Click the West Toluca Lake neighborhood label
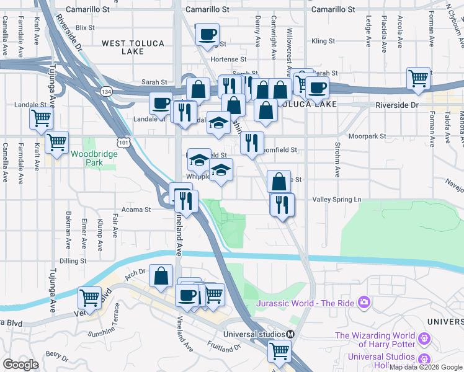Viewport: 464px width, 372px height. [123, 47]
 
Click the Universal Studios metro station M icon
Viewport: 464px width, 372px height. [290, 334]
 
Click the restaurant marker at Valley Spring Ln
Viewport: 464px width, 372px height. [282, 204]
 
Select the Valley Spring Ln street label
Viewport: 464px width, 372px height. [337, 200]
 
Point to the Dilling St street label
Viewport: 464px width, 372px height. [73, 261]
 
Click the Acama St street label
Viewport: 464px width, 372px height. [139, 210]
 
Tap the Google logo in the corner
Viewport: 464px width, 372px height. [20, 365]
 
